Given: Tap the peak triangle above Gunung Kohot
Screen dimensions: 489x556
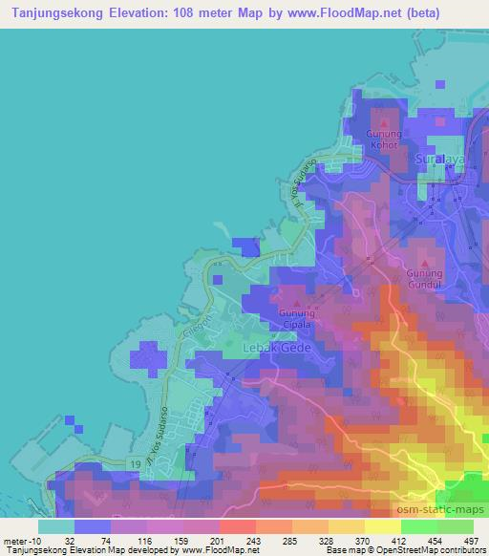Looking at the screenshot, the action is point(385,124).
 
